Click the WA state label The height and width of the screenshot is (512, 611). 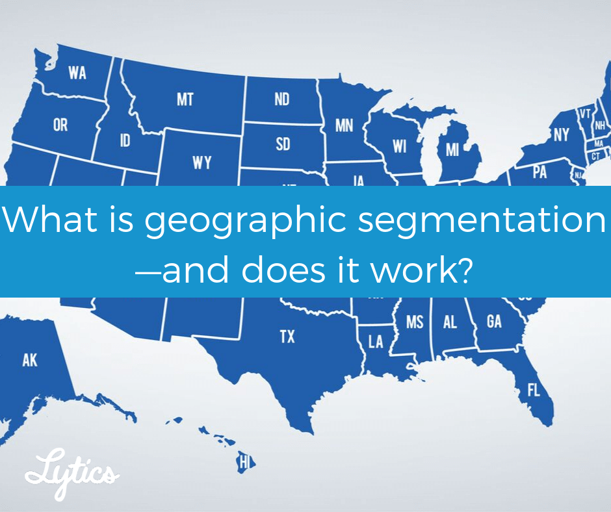[77, 73]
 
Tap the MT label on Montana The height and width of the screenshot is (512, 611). [185, 100]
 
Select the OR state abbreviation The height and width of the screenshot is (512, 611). [60, 125]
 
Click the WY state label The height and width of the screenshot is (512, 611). [201, 162]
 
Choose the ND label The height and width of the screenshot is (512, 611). [282, 100]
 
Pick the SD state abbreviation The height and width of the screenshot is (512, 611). [283, 144]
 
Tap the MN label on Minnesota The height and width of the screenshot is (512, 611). [344, 125]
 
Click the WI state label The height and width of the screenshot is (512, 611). [398, 146]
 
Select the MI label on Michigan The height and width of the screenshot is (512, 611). [452, 150]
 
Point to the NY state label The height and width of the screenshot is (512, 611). [561, 134]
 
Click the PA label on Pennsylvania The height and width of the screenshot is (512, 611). [539, 172]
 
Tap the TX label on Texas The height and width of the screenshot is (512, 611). [287, 337]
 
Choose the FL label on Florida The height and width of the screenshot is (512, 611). [534, 390]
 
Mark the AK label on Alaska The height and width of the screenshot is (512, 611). [30, 361]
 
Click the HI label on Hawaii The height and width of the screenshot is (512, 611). [244, 463]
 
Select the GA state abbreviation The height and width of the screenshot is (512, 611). [494, 321]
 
